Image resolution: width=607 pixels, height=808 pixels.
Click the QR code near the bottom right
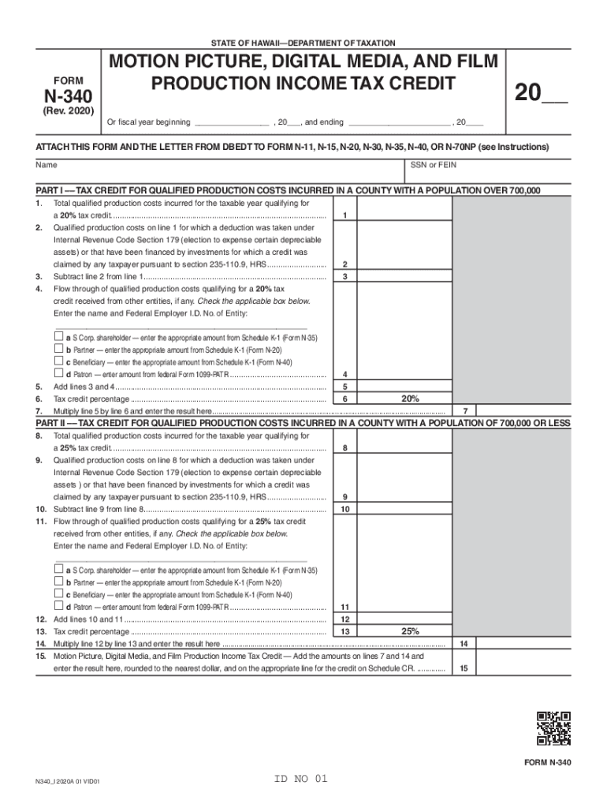(553, 728)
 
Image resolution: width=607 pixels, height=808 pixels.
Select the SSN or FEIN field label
(433, 166)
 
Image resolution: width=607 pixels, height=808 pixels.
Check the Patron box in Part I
(58, 373)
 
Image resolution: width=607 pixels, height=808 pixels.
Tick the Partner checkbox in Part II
(58, 582)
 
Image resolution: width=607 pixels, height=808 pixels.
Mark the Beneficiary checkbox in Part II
(58, 594)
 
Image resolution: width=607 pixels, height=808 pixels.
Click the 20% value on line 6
(410, 399)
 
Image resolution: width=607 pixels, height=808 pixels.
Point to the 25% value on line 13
(410, 631)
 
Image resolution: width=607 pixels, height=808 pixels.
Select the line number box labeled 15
(464, 668)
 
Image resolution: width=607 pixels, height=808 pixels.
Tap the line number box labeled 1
(345, 216)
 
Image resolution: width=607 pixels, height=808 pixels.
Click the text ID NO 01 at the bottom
(300, 780)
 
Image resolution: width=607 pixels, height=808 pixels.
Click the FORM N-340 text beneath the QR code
(547, 763)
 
